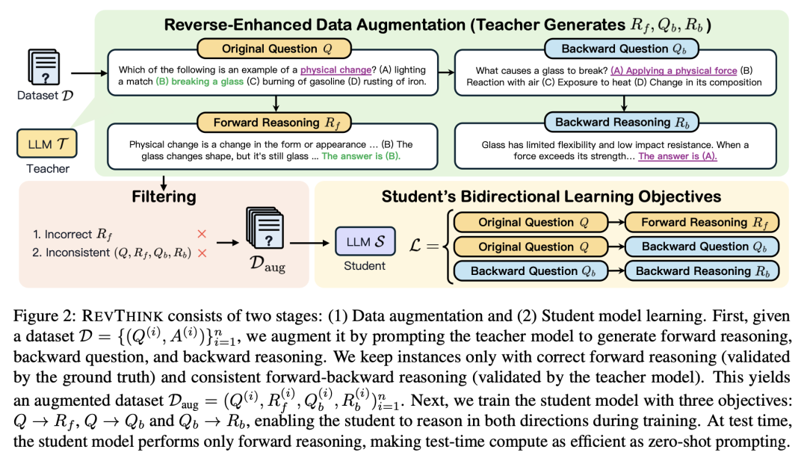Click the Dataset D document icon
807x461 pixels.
[44, 67]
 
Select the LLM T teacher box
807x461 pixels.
[47, 143]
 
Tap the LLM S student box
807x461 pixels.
[365, 241]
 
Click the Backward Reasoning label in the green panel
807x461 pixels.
[622, 123]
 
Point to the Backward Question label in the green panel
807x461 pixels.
[622, 49]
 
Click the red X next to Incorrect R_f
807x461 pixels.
[202, 234]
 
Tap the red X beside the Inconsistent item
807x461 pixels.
[202, 253]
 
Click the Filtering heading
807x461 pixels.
[164, 197]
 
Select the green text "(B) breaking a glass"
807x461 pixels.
[200, 81]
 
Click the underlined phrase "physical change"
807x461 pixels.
[336, 70]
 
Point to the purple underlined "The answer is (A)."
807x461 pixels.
[677, 156]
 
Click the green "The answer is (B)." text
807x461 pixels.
[361, 156]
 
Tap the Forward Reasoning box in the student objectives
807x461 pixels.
[702, 223]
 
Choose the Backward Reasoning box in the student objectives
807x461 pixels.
[702, 271]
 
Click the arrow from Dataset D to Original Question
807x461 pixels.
[89, 73]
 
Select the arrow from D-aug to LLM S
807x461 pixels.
[309, 242]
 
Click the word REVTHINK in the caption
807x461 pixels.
[123, 316]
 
